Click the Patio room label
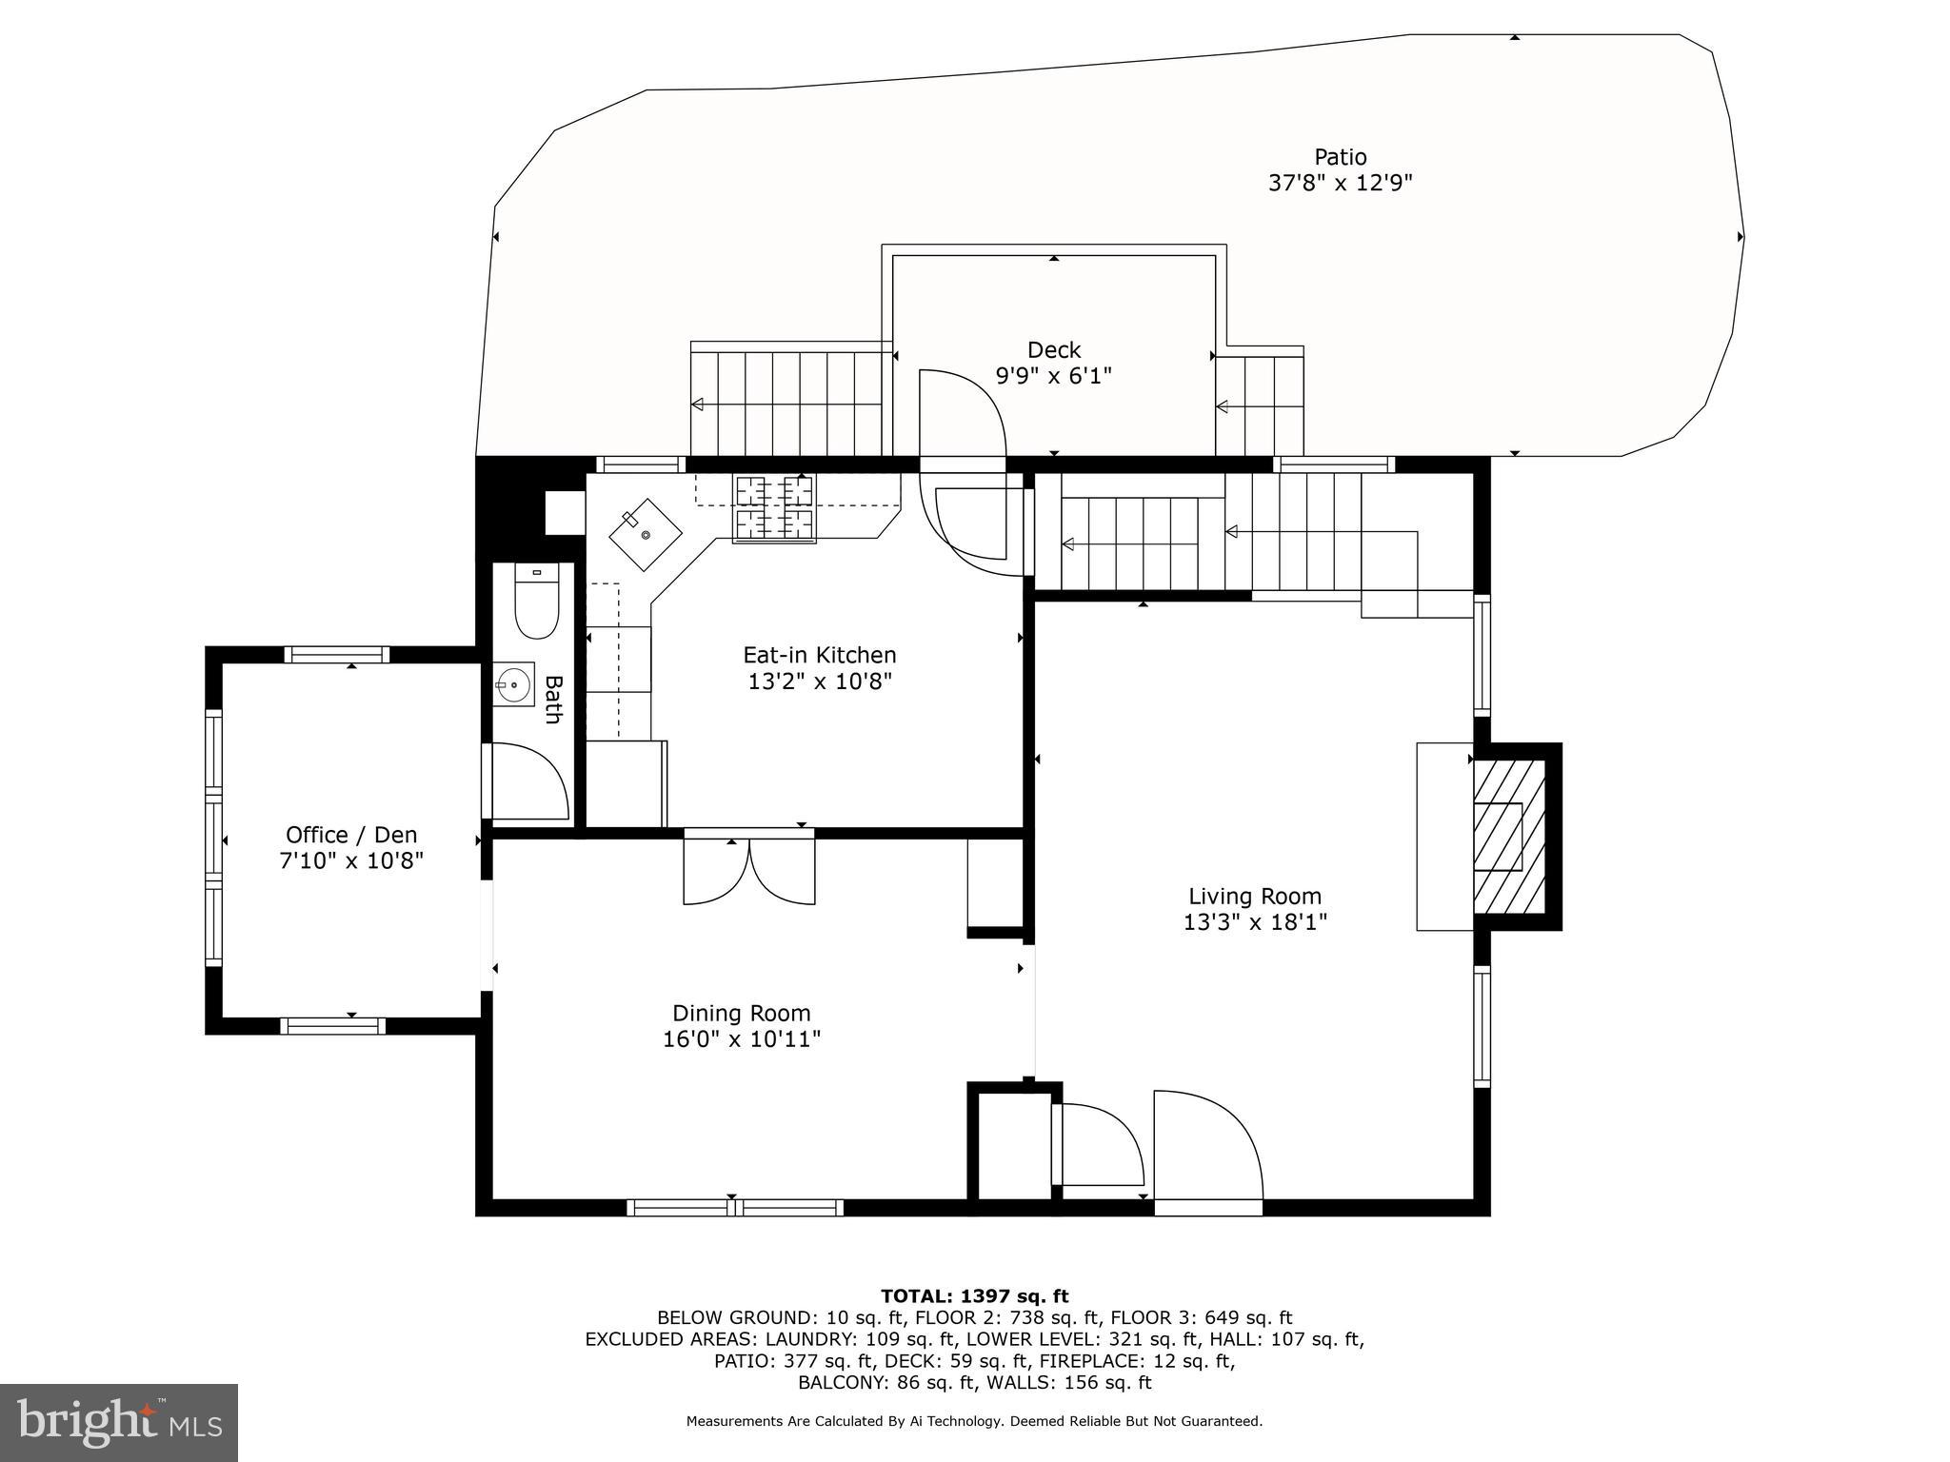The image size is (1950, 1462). tap(1340, 157)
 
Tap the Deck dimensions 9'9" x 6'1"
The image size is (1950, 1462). tap(1053, 376)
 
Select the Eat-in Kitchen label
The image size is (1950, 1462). tap(819, 655)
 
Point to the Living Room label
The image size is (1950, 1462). tap(1254, 896)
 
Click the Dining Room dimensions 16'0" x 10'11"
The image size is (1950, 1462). tap(741, 1038)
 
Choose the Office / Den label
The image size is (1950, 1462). tap(350, 835)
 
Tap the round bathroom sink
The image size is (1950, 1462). tap(514, 684)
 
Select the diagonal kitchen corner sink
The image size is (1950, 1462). tap(646, 535)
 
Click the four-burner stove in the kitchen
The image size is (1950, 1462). tap(773, 508)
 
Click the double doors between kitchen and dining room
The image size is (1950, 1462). tap(749, 869)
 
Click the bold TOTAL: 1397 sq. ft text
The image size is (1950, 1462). tap(974, 1295)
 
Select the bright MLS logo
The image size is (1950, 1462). tap(118, 1422)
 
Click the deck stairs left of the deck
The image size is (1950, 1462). tap(787, 404)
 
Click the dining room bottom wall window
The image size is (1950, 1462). tap(734, 1207)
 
